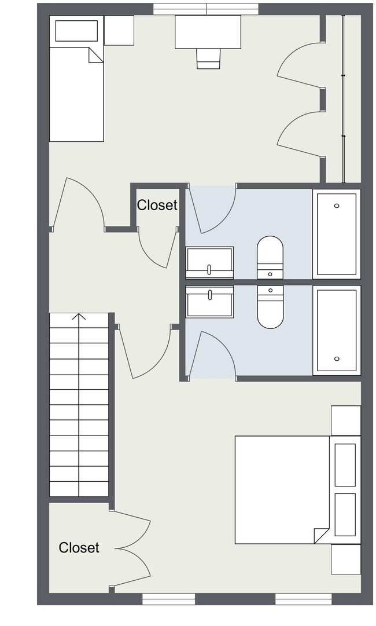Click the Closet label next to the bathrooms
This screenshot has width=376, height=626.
tap(157, 205)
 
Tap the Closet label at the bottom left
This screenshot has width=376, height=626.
tap(79, 547)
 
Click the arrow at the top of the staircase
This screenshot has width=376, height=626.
tap(79, 317)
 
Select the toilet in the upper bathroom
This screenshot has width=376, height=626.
tap(270, 257)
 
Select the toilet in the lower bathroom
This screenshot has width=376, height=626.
tap(270, 307)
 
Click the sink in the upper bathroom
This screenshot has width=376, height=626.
tap(209, 262)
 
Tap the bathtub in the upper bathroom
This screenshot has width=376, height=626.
tap(337, 233)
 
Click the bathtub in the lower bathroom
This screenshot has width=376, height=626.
tap(337, 330)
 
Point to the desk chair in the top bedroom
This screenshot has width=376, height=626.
tap(208, 58)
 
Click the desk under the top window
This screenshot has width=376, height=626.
tap(208, 31)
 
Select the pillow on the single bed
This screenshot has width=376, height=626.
tap(76, 31)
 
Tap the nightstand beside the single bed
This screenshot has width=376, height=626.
tap(119, 30)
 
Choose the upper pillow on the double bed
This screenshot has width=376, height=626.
tap(345, 465)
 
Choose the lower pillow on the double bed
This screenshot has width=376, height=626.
tap(345, 515)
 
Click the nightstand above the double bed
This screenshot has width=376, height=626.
tap(346, 420)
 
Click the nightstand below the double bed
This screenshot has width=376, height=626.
tap(346, 559)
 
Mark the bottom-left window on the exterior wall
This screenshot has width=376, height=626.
tap(168, 599)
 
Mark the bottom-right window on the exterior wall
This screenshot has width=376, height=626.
tap(303, 599)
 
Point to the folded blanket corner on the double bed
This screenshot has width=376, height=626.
tap(321, 536)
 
